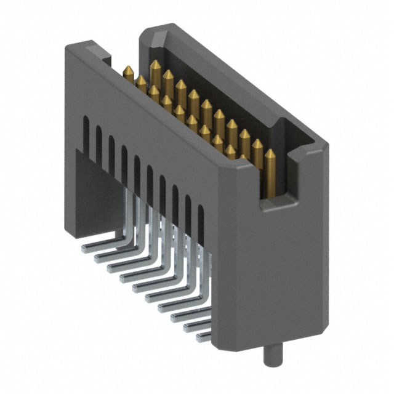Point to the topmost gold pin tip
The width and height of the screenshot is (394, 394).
tap(154, 63)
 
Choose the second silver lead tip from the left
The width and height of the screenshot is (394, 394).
tap(97, 259)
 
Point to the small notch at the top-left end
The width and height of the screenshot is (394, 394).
tap(106, 60)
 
